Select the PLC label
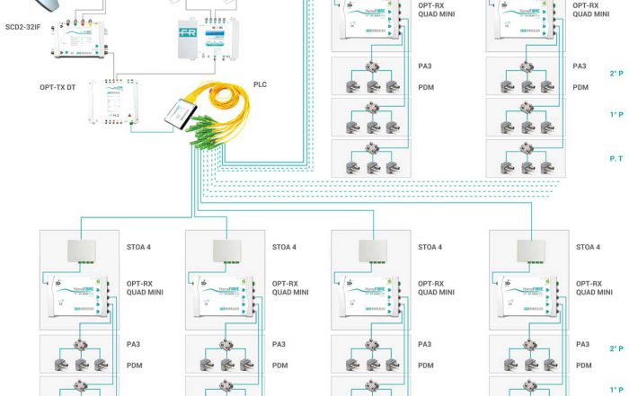point(261,85)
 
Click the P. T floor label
point(616,158)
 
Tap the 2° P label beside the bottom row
point(616,348)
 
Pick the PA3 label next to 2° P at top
point(580,66)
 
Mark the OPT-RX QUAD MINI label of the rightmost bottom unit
point(592,287)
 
